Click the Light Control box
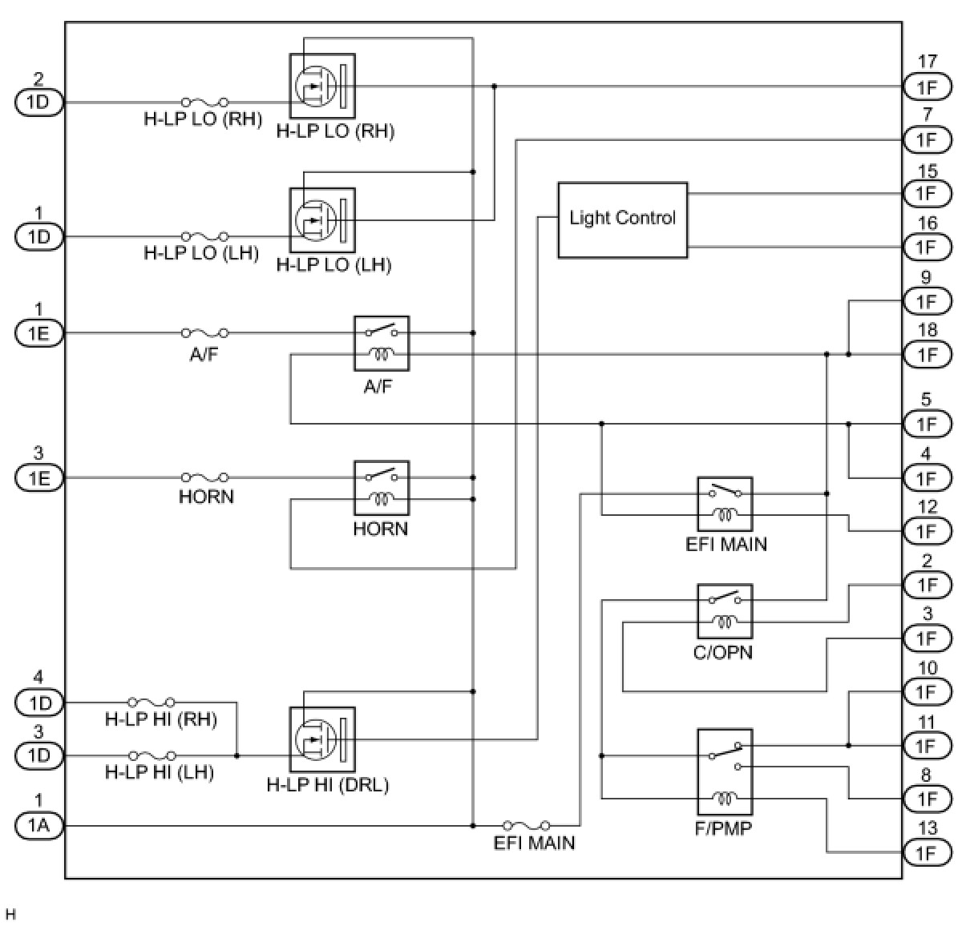622,219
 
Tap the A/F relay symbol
382,343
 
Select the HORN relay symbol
382,487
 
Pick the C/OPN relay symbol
725,610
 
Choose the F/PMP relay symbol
725,772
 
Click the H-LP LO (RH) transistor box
321,86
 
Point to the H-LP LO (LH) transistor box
321,220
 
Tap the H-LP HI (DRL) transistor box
321,739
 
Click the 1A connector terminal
38,825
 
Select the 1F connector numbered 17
927,87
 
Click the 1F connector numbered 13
927,852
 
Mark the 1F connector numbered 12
927,531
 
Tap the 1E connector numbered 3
38,477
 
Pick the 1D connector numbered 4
38,703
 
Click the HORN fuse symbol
205,477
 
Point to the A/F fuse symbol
205,332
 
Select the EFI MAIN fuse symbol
527,825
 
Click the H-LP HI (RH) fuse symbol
152,703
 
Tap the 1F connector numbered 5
927,424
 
